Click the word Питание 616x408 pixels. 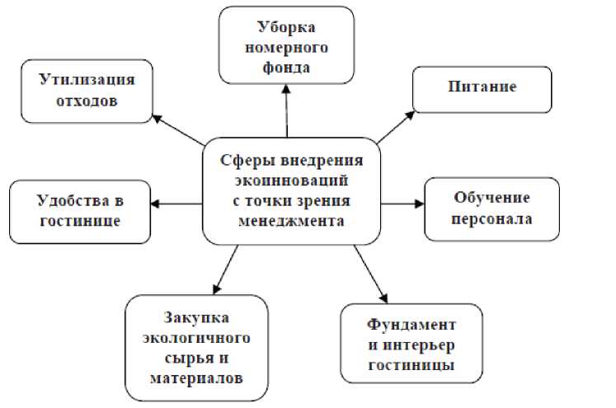tap(482, 86)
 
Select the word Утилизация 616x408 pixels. tap(87, 79)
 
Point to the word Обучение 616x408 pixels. tap(491, 199)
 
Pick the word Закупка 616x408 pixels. tap(196, 318)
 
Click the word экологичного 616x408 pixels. tap(196, 339)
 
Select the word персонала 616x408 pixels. tap(491, 219)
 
